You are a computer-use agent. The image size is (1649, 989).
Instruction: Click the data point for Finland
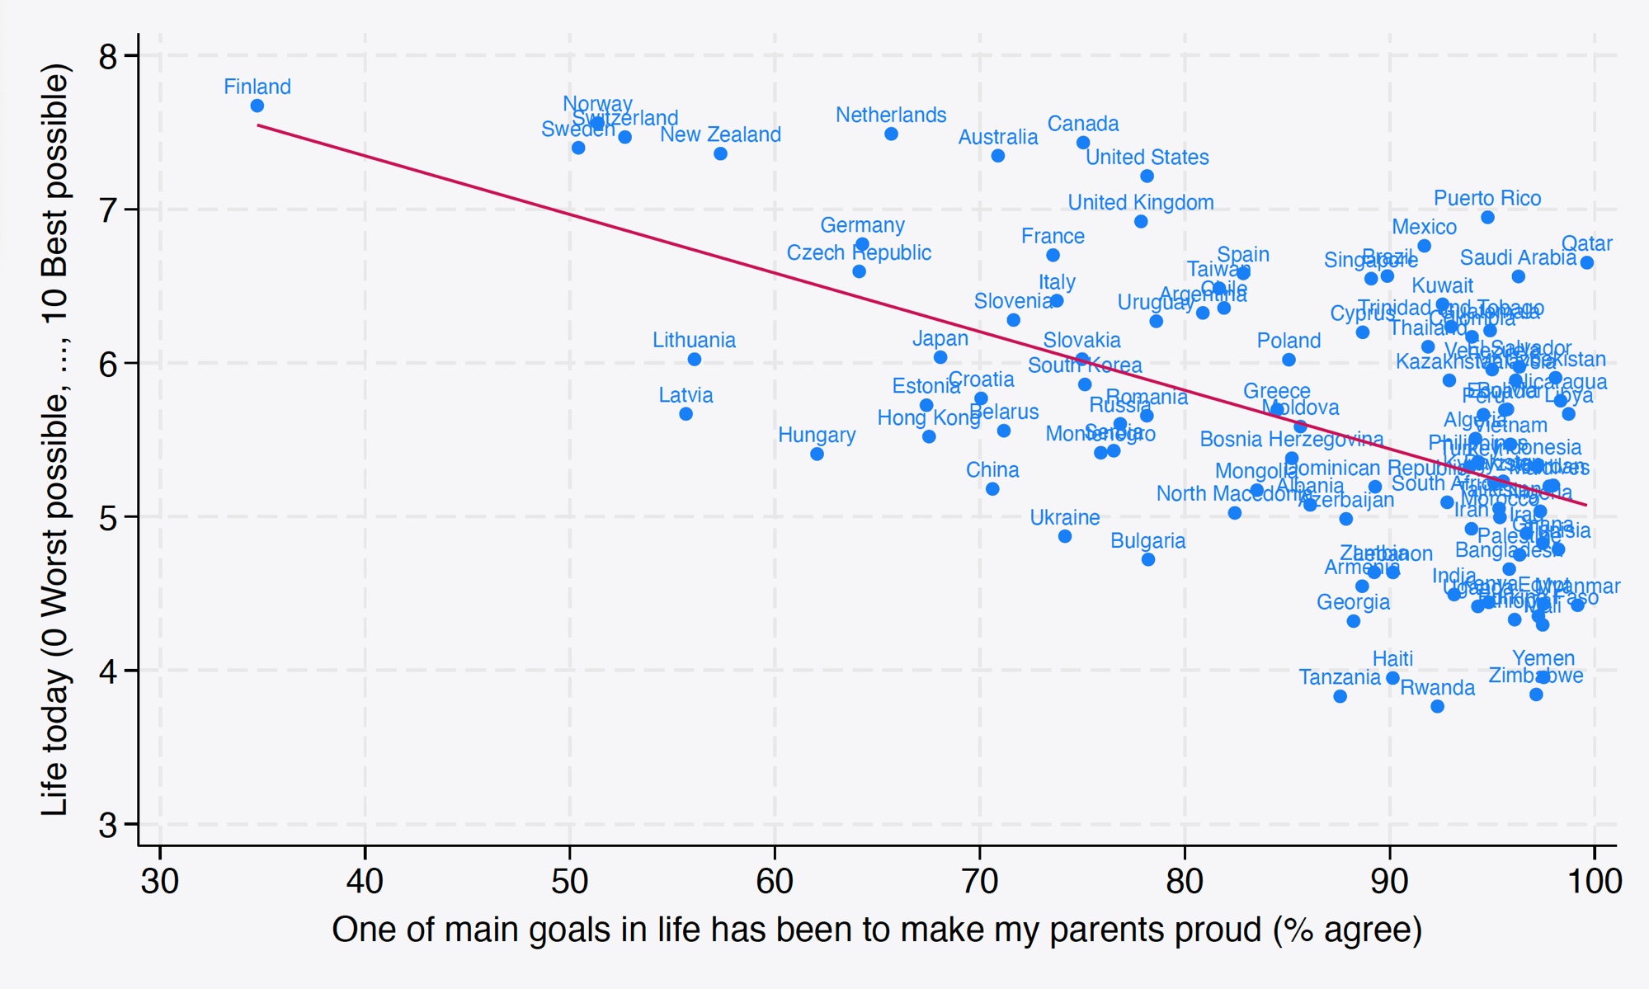point(257,106)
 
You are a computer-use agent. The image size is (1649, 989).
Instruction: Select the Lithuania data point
point(695,359)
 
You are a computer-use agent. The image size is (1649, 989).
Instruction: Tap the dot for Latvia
point(686,414)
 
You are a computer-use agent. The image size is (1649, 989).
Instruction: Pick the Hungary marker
point(817,454)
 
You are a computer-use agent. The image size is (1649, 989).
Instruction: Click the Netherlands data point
point(891,134)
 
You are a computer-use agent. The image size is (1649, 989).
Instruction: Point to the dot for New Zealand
point(720,153)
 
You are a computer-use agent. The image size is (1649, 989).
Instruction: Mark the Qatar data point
point(1587,262)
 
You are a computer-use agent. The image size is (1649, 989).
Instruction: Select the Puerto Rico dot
point(1487,217)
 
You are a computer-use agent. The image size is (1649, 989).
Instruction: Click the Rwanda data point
point(1437,706)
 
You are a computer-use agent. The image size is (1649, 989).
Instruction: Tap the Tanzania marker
point(1340,696)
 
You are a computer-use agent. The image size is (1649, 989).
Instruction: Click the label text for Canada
point(1083,124)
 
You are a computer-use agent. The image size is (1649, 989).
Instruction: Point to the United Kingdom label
point(1141,202)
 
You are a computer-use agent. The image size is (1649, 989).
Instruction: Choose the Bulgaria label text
point(1147,541)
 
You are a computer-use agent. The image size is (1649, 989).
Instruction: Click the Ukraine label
point(1065,517)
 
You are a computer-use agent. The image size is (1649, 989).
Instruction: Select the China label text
point(992,470)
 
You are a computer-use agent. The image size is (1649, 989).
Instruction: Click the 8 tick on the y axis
point(108,56)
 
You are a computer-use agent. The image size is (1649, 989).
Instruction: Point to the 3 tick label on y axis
point(108,825)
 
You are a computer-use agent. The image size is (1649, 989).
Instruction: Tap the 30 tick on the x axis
point(160,881)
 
